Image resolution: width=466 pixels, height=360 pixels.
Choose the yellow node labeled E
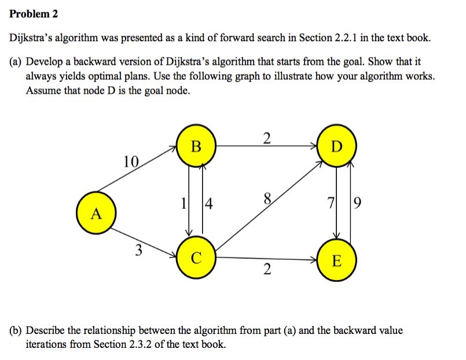click(x=337, y=261)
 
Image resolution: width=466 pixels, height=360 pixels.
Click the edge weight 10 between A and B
click(x=131, y=161)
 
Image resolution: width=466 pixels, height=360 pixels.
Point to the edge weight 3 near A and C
click(x=137, y=251)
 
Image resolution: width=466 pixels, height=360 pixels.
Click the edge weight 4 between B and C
click(x=208, y=204)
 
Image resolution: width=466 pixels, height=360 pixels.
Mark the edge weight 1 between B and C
click(x=184, y=204)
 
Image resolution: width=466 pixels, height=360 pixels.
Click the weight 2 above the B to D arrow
click(x=266, y=138)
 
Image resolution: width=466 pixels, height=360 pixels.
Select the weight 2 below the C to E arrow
click(x=266, y=269)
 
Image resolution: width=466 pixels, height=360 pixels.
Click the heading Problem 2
click(x=34, y=13)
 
